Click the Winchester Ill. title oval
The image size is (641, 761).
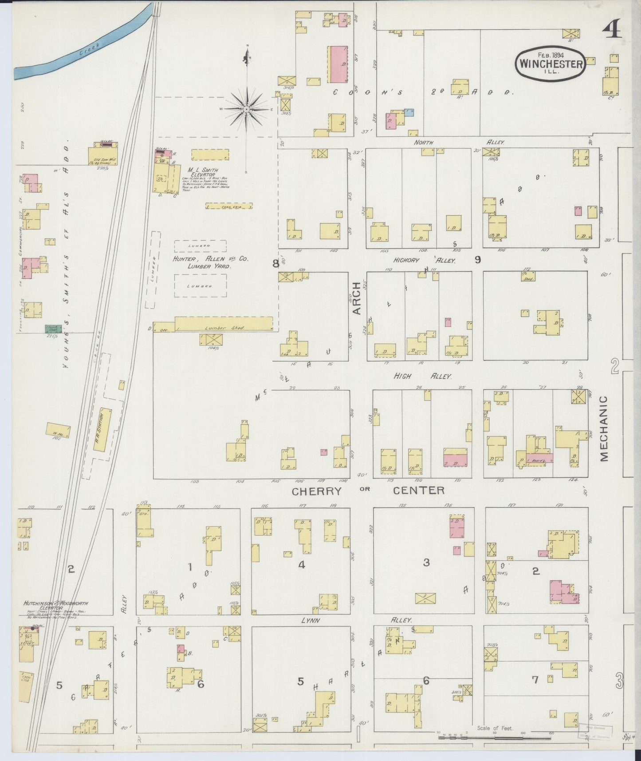pos(551,63)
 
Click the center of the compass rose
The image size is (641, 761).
pos(246,109)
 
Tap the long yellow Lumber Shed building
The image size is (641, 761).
pos(224,323)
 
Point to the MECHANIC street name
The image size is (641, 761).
pos(604,429)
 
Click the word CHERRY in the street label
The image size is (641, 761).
pos(317,491)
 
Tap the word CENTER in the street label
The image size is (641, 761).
pos(419,490)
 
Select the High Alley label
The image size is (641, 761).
pos(422,376)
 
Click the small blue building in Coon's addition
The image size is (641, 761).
pos(409,113)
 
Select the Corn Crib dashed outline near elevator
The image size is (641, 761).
pos(229,206)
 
